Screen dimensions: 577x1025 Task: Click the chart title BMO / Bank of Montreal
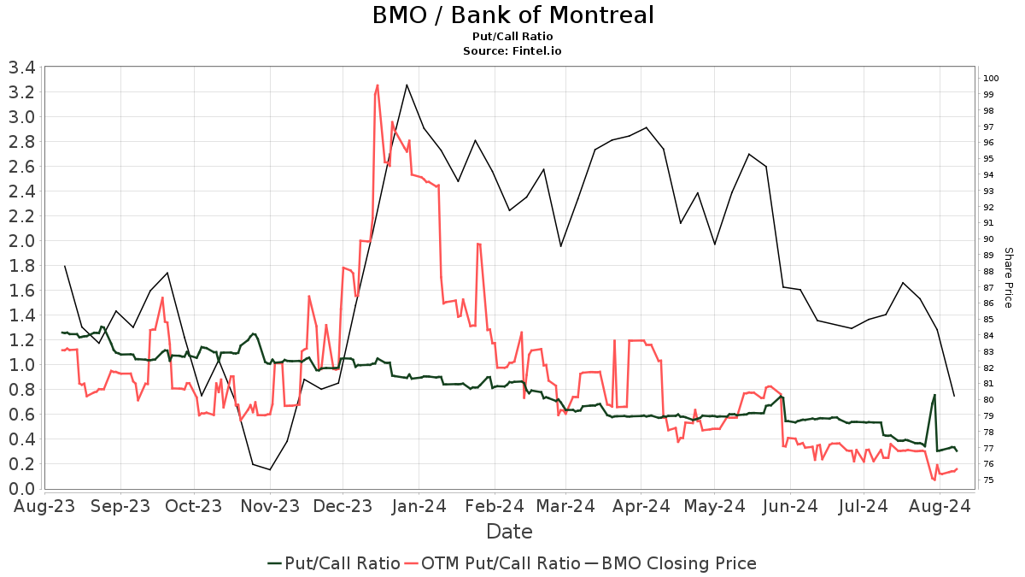512,15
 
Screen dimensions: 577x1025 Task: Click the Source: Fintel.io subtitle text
512,50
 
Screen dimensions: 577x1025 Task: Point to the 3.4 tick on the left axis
21,68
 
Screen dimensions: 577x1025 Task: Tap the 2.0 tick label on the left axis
21,241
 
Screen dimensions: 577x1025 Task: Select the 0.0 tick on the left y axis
21,489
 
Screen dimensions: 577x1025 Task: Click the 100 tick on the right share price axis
990,79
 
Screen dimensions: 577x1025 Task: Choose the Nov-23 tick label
269,506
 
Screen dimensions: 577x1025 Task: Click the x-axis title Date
509,532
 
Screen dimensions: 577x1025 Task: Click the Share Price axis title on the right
1008,278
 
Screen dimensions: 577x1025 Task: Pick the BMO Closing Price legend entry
671,563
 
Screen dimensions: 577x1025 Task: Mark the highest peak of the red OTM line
378,85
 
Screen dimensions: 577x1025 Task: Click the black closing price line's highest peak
407,85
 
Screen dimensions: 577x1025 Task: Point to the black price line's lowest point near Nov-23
270,469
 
